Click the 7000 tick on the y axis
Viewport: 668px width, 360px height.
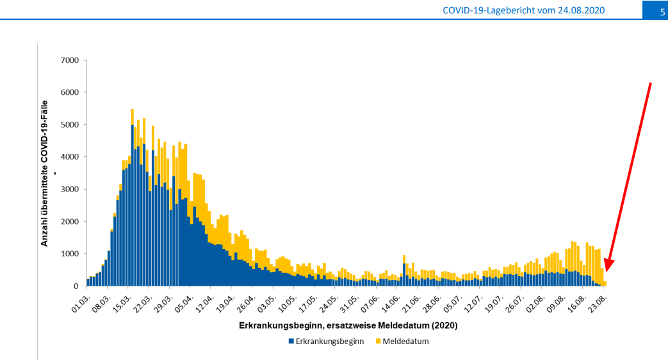(x=69, y=60)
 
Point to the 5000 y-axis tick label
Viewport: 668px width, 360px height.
(x=69, y=125)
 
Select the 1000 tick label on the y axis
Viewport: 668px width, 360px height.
(x=69, y=254)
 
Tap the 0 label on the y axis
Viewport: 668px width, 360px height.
(x=76, y=286)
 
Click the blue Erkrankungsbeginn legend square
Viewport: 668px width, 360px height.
(x=291, y=341)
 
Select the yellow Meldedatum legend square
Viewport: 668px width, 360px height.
(x=378, y=341)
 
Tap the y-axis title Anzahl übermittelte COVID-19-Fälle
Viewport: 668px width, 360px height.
(x=45, y=173)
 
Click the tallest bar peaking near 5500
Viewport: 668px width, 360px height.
(x=132, y=192)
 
